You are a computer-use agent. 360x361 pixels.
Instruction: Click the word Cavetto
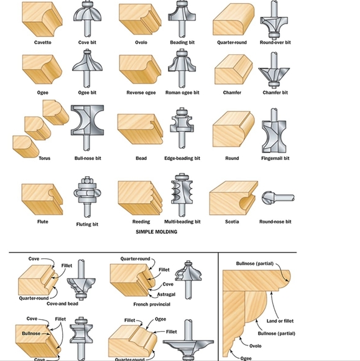[42, 42]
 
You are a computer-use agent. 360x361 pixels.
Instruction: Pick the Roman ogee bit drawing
[182, 69]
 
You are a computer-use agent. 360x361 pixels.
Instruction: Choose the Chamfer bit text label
[275, 93]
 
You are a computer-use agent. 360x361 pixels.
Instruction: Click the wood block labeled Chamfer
[232, 70]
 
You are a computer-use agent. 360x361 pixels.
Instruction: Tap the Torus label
[44, 158]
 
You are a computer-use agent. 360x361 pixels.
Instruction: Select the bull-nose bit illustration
[85, 128]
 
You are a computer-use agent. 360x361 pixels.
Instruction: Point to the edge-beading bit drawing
[182, 129]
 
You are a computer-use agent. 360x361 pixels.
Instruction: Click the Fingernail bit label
[275, 158]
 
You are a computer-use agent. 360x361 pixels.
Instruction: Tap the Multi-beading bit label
[182, 222]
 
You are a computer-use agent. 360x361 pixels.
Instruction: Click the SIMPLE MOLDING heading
[156, 232]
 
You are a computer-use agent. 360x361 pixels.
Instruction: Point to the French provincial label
[151, 305]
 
